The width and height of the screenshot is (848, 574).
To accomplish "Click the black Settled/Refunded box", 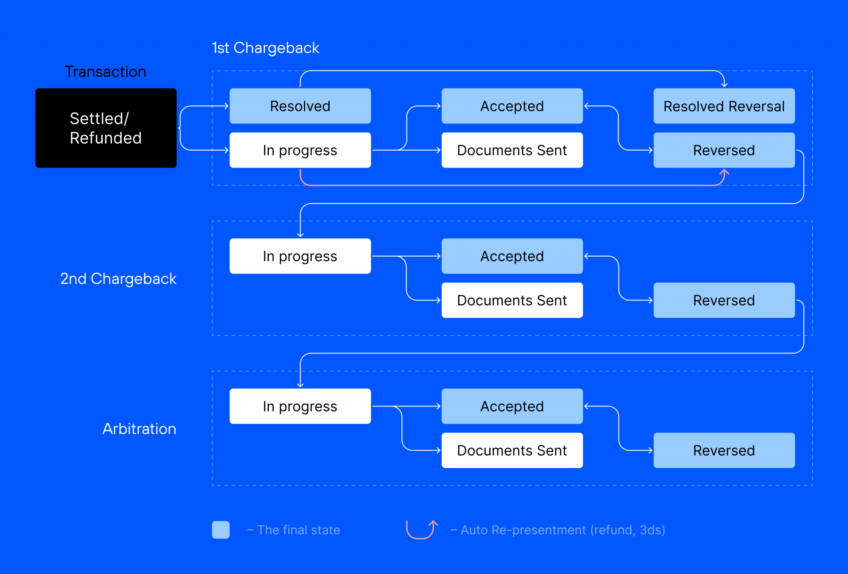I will (106, 128).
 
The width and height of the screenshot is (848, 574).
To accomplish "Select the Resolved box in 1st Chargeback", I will (300, 106).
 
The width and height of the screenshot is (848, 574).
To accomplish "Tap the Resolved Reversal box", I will (724, 106).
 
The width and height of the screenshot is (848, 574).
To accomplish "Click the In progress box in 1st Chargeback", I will (300, 150).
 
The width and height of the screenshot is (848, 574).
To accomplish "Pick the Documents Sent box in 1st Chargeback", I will (512, 150).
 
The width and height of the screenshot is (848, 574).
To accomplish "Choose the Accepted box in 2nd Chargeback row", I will (512, 256).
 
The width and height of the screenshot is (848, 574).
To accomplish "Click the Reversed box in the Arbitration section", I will (724, 450).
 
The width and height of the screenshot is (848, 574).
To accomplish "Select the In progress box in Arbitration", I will (300, 406).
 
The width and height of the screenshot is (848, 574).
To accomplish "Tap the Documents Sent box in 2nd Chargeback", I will (512, 300).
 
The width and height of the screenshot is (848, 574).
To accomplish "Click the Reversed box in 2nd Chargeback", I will (724, 300).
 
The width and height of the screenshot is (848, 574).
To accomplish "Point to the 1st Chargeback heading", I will (265, 48).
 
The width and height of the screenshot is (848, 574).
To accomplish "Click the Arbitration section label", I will (139, 429).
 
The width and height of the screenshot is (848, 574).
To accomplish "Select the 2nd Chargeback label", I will (118, 279).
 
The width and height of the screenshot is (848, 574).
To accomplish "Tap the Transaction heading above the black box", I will (106, 72).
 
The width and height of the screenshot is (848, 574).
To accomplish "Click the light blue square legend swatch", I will (221, 530).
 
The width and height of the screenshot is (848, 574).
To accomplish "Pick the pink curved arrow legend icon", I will (422, 530).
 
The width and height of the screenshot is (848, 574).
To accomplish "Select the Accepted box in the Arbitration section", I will (512, 406).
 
